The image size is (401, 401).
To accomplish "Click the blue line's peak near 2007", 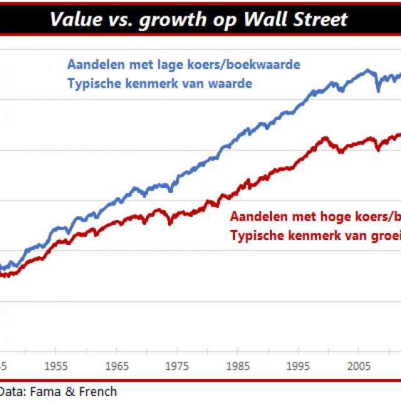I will [x=368, y=70].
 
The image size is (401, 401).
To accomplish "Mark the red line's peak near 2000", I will [x=325, y=138].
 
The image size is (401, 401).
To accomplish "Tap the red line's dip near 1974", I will [x=172, y=222].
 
